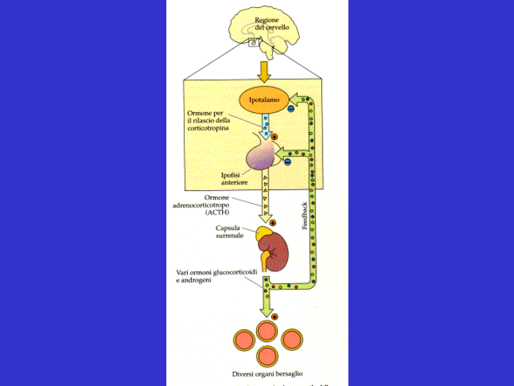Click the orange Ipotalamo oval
(264, 100)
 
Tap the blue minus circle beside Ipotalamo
(291, 109)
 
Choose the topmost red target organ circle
(267, 330)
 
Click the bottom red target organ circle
(267, 355)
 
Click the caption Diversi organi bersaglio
(267, 375)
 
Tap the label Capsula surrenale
(231, 232)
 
